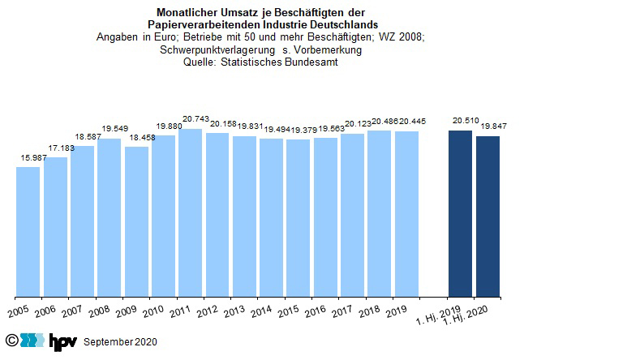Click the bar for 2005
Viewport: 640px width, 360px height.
[28, 231]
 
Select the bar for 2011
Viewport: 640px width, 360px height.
[190, 212]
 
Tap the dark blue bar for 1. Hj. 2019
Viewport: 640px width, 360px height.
[460, 213]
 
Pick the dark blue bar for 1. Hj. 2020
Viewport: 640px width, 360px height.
[488, 216]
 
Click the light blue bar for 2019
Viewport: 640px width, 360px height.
[406, 213]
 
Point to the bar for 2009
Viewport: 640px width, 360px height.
[136, 221]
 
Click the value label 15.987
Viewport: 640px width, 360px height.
[28, 156]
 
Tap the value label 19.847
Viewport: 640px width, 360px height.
[492, 126]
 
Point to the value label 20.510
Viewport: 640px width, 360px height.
[465, 121]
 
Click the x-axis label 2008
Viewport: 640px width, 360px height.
[100, 312]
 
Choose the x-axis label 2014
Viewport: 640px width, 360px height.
[262, 312]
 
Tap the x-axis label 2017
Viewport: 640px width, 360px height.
[343, 312]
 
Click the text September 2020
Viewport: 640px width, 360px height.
[120, 342]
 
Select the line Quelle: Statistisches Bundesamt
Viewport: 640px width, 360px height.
[261, 62]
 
